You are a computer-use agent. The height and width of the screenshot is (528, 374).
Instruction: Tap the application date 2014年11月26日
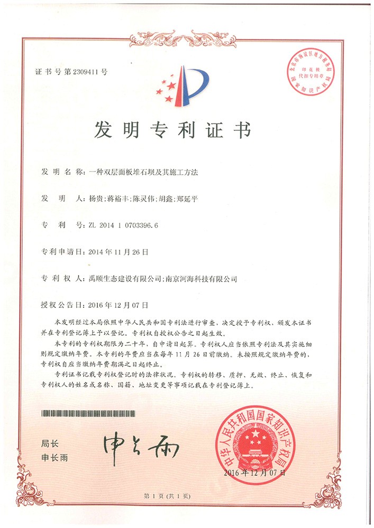[x=118, y=251]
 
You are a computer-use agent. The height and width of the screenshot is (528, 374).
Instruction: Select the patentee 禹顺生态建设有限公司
[x=122, y=278]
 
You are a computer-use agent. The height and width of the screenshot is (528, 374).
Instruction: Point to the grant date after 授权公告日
[x=118, y=305]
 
